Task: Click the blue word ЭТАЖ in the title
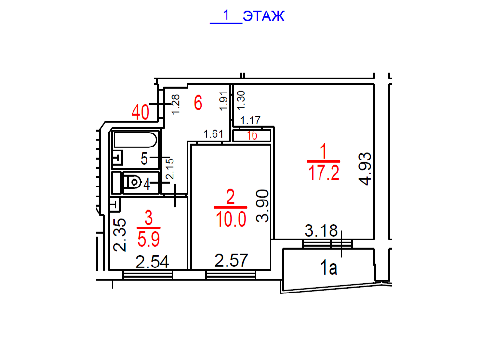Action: (264, 16)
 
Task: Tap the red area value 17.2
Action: (324, 173)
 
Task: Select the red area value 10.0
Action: (231, 219)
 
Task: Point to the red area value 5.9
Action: (148, 239)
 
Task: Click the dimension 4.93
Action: (365, 169)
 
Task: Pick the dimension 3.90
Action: (263, 206)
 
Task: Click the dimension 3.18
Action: (321, 230)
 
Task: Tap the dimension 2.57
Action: (231, 261)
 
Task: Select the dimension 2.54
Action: (152, 262)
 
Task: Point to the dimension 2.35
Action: (120, 235)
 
